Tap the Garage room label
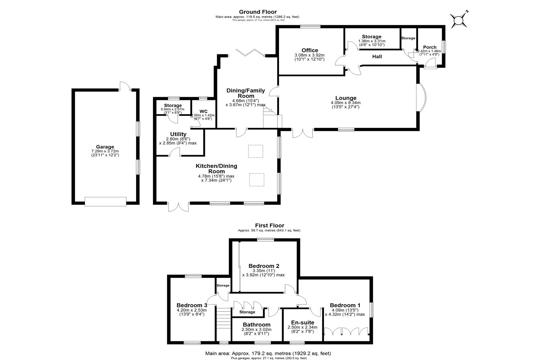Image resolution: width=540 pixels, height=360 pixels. click(x=105, y=147)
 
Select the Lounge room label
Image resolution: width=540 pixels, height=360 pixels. click(x=346, y=98)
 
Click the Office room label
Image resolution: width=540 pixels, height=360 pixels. click(x=310, y=50)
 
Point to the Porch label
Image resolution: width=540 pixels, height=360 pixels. click(x=429, y=47)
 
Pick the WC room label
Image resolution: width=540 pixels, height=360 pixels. click(x=203, y=111)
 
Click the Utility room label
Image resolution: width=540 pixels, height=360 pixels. click(x=178, y=134)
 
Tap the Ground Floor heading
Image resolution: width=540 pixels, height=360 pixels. click(x=258, y=12)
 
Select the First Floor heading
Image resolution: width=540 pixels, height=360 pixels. click(x=269, y=226)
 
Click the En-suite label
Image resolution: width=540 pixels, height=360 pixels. click(x=302, y=323)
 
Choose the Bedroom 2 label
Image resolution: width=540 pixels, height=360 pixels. click(x=264, y=266)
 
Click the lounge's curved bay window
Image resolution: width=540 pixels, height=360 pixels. click(x=423, y=98)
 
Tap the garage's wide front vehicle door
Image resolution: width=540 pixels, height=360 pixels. click(x=105, y=201)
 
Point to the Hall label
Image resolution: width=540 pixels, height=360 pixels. click(x=377, y=57)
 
